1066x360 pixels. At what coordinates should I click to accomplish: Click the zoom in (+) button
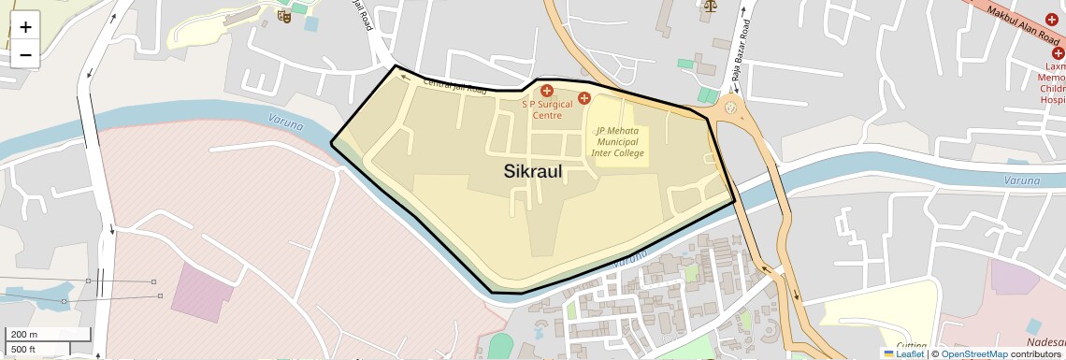pos(25,27)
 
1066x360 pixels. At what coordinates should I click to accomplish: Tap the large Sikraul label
pos(533,171)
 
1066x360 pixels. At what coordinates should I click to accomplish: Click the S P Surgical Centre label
pos(547,110)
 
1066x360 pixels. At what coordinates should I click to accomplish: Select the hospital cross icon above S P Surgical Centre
pos(547,91)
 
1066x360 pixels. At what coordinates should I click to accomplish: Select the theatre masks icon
pos(285,16)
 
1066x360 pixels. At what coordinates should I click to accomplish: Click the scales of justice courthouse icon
pos(708,5)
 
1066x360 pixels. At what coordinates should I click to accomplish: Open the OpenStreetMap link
pos(973,354)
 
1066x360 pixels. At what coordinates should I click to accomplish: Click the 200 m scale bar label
pos(24,335)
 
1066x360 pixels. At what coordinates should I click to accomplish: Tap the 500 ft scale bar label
pos(24,350)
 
